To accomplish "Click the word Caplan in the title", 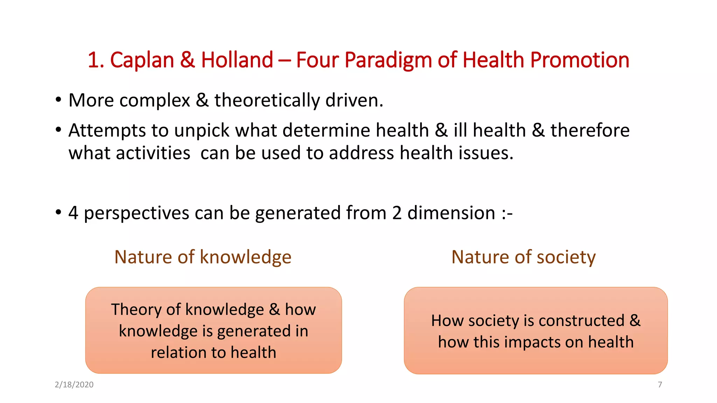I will (x=142, y=60).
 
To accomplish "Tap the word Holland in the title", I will (x=237, y=60).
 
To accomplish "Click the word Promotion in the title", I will (x=579, y=60).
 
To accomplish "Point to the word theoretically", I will (x=267, y=101).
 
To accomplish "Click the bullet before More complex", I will (x=58, y=100).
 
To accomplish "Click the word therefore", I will (x=590, y=130).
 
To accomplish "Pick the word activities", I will (x=153, y=153).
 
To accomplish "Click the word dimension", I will (x=451, y=213).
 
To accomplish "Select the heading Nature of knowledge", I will (x=203, y=257).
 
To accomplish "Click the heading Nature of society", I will (x=523, y=257).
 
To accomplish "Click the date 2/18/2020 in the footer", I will (x=74, y=385).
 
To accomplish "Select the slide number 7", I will (x=660, y=385).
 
